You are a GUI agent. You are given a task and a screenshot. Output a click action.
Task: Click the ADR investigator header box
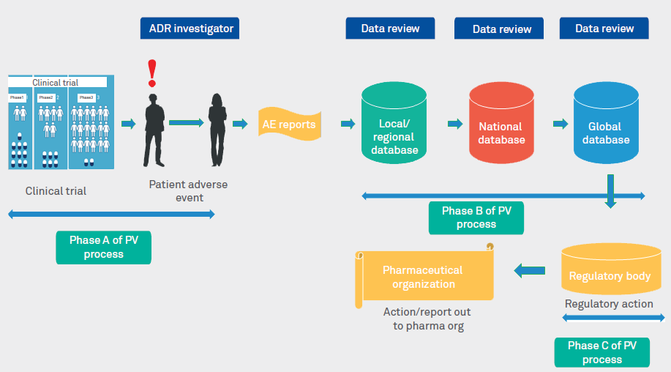(190, 29)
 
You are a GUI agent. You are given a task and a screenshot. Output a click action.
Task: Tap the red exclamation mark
(152, 72)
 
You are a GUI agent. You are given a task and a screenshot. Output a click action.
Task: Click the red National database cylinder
(501, 124)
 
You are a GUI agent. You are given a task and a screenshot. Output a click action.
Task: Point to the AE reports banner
(289, 124)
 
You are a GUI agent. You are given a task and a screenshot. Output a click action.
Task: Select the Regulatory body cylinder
(610, 272)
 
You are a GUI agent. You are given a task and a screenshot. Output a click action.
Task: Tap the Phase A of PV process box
(103, 248)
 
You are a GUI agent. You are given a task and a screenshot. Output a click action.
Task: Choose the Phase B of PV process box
(476, 217)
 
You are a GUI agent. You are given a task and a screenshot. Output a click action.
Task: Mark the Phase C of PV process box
(602, 352)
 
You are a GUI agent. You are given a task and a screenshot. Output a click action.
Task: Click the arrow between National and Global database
(560, 123)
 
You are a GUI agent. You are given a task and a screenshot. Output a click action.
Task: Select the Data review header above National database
(501, 29)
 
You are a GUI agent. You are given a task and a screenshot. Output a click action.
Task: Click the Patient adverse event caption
(188, 190)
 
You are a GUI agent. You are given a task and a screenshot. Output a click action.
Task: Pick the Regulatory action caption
(609, 303)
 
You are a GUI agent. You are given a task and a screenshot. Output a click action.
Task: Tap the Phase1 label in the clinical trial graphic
(18, 97)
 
